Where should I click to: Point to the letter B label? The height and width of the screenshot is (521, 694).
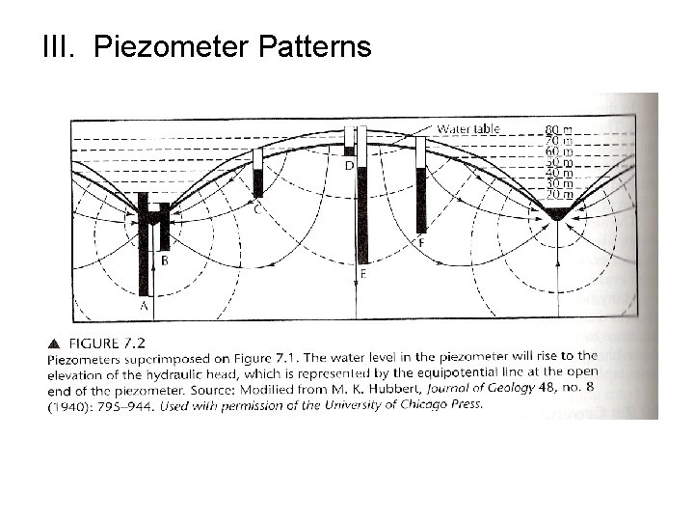165,260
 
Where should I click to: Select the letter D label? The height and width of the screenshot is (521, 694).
348,166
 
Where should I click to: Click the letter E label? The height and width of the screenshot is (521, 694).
362,274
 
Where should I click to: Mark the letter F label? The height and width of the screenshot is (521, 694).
422,244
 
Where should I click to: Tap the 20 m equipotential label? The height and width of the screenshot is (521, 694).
559,195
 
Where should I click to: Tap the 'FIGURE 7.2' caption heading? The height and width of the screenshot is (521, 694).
109,342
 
